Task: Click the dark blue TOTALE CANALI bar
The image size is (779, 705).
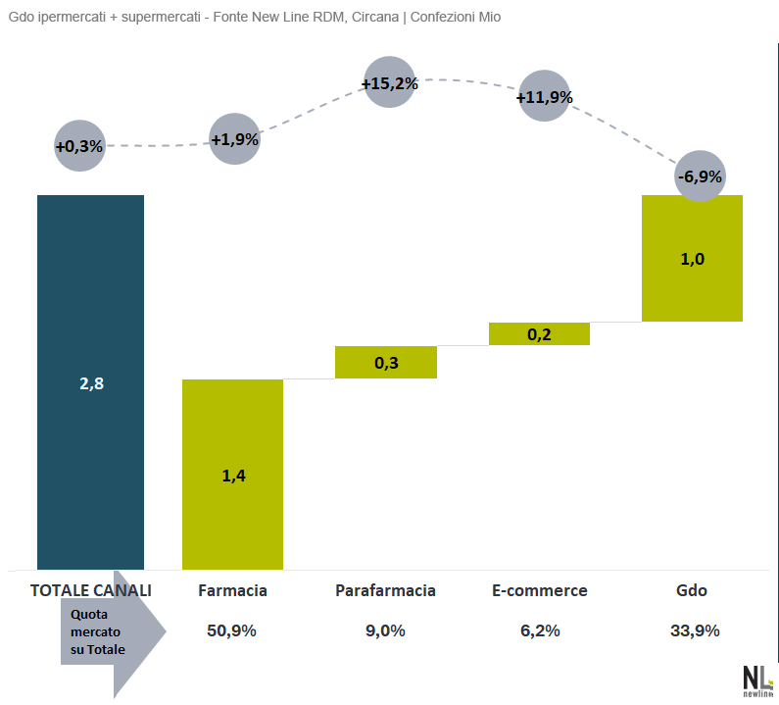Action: tap(90, 381)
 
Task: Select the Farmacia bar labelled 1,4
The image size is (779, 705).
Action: tap(232, 474)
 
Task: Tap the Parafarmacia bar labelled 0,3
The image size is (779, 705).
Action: tap(385, 362)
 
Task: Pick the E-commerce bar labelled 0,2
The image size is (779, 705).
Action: tap(539, 333)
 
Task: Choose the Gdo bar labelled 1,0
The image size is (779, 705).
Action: tap(692, 258)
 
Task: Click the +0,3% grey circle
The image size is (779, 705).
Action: tap(79, 145)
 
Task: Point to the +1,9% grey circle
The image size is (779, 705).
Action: tap(235, 139)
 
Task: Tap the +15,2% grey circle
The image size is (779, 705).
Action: tap(389, 83)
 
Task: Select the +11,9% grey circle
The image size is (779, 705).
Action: tap(544, 97)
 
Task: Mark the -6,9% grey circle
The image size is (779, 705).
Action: tap(700, 176)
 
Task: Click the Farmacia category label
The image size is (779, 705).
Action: tap(232, 590)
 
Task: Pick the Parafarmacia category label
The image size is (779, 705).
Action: tap(385, 590)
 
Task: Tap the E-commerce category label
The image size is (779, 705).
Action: tap(539, 590)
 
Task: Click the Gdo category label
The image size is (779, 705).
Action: tap(692, 590)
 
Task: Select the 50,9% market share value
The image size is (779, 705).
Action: tap(232, 630)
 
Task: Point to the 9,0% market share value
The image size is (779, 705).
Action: tap(385, 630)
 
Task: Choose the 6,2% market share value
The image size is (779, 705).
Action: tap(539, 630)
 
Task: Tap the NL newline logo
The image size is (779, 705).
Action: tap(756, 680)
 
